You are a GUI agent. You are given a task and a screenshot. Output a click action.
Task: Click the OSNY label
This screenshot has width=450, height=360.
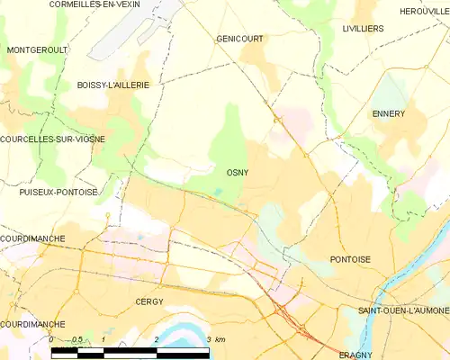238,172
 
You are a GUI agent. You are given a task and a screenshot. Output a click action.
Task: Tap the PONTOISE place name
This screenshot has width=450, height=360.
351,258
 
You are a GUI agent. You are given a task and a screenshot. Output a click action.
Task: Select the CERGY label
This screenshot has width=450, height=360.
148,301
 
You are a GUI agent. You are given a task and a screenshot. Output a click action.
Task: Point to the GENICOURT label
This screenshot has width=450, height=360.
238,39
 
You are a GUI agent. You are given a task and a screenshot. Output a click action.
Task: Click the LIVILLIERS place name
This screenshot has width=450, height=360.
363,29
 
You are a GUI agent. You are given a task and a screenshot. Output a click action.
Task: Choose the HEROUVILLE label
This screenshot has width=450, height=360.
424,11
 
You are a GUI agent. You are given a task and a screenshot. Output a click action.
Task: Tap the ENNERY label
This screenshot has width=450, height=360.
389,113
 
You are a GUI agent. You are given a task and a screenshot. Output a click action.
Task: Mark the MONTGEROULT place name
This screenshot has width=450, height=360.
37,49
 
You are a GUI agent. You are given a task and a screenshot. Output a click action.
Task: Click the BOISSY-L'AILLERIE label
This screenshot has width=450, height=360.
112,84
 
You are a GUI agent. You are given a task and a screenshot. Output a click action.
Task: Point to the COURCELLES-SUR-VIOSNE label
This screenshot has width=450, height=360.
53,139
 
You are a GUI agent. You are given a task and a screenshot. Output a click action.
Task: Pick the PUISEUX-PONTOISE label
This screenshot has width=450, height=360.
58,192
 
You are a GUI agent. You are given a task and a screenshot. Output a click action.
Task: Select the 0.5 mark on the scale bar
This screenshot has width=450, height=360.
77,339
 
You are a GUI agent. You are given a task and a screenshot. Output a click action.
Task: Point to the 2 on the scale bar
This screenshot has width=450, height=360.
157,339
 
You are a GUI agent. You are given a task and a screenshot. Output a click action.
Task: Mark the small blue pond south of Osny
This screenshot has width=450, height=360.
217,191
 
